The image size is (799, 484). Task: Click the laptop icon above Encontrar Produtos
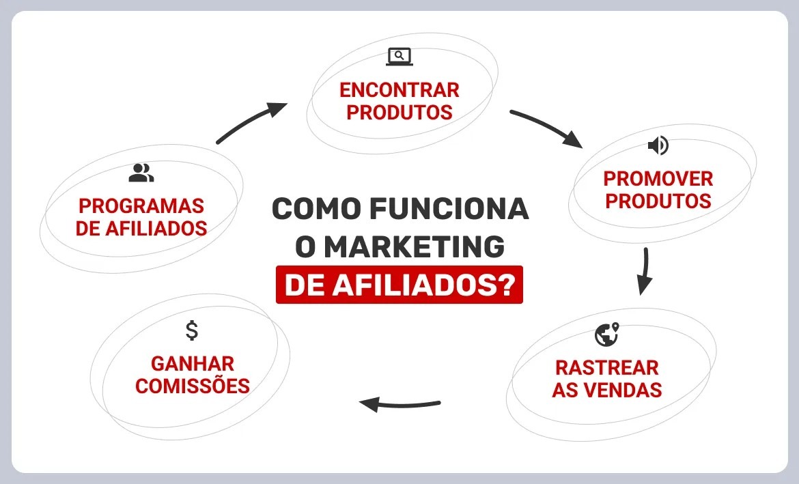pos(399,57)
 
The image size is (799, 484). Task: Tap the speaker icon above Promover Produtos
pos(658,145)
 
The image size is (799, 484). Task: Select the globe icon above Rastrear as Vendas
pos(606,334)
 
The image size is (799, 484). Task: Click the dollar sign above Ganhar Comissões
pos(192,330)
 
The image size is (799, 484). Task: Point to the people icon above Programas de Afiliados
pos(141,173)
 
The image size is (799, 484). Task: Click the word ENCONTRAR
pos(399,90)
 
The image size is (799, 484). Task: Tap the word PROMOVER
pos(658,179)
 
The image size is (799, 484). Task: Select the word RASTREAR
pos(606,367)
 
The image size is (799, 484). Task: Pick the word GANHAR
pos(193,363)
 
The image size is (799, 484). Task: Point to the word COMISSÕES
pos(193,386)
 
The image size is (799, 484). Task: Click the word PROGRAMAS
pos(141,205)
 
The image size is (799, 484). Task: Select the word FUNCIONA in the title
pos(450,209)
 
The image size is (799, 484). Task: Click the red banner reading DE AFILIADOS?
pos(399,285)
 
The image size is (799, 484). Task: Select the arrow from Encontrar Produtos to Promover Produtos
pos(546,128)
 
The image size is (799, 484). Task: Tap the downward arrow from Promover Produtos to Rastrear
pos(643,271)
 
